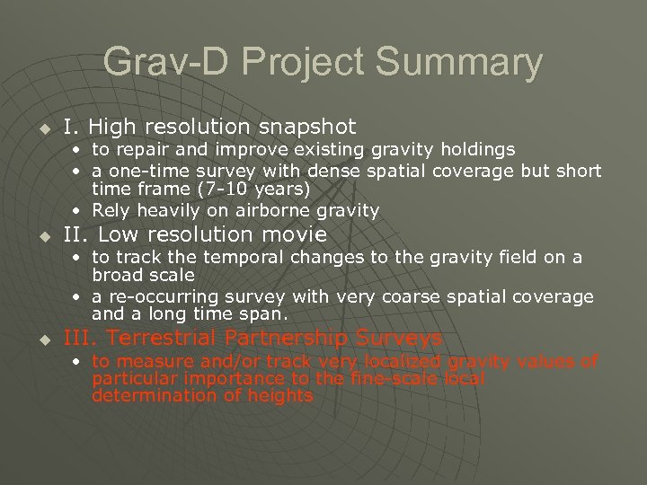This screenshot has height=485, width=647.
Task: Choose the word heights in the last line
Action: [x=279, y=396]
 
